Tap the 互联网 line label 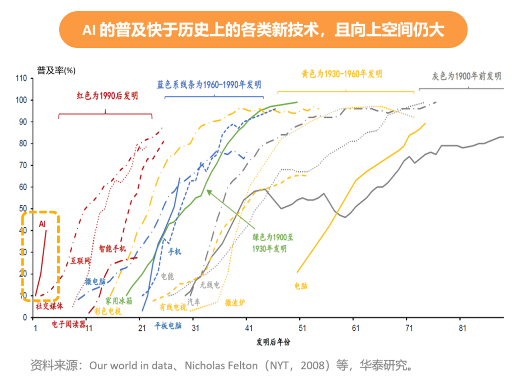tap(81, 261)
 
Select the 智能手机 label tap(112, 249)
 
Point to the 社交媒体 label tap(49, 306)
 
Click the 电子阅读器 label tap(69, 324)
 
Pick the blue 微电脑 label tap(95, 282)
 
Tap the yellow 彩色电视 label tap(108, 311)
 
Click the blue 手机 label tap(175, 252)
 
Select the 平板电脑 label tap(168, 325)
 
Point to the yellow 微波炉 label tap(235, 303)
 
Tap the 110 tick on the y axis tap(21, 78)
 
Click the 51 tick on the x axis tap(302, 328)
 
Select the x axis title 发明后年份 tap(273, 342)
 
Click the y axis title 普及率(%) tap(56, 70)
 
